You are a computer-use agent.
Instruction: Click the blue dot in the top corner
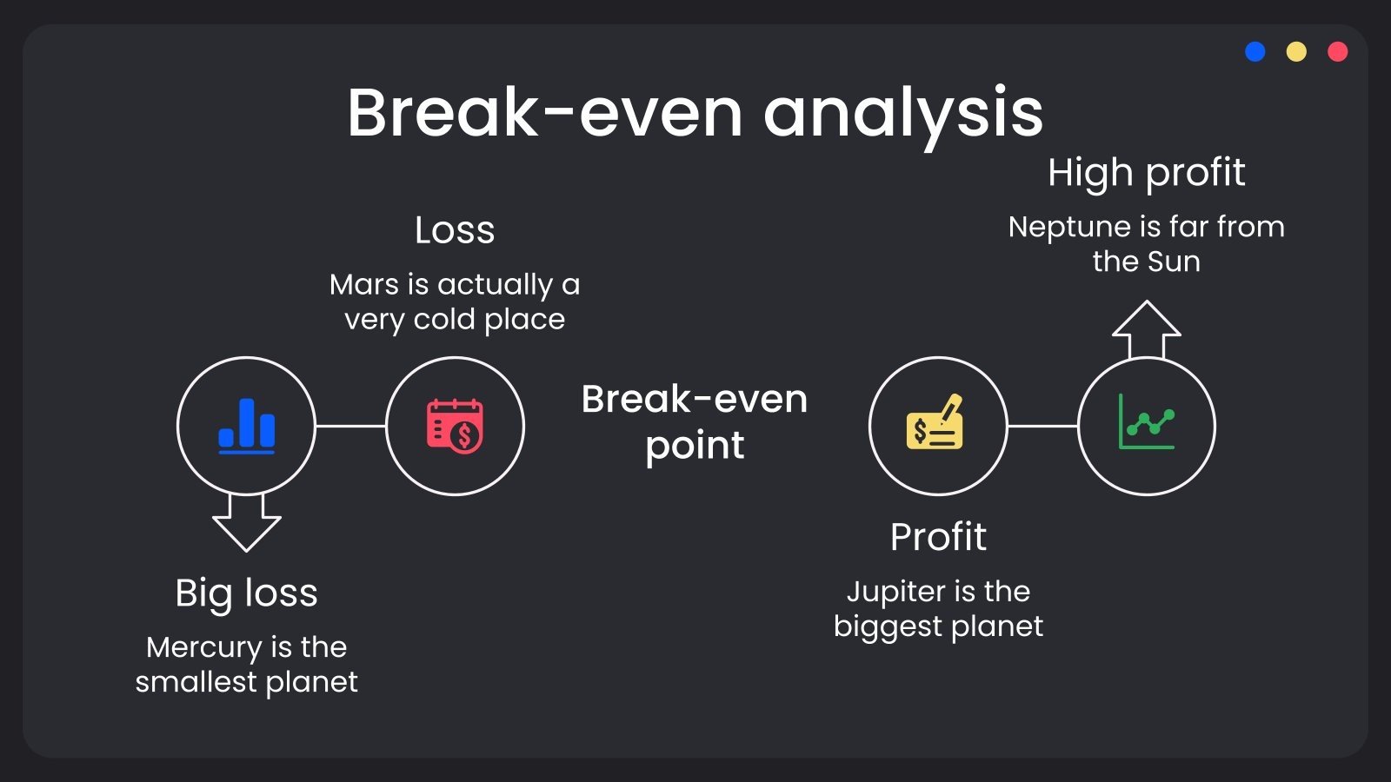(1255, 51)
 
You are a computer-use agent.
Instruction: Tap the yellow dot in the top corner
(1296, 51)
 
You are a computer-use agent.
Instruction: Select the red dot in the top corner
(1338, 51)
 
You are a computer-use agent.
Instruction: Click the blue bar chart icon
(247, 426)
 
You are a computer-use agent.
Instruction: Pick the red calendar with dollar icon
(456, 427)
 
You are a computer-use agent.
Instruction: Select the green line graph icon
(1147, 421)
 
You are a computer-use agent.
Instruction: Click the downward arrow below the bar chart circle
(247, 523)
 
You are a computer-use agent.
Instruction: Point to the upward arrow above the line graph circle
(1147, 329)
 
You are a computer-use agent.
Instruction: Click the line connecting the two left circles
(351, 427)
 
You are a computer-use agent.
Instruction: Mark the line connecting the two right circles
(1042, 427)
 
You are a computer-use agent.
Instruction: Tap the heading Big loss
(247, 593)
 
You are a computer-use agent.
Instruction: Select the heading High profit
(1147, 173)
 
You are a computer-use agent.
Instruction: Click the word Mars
(364, 285)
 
